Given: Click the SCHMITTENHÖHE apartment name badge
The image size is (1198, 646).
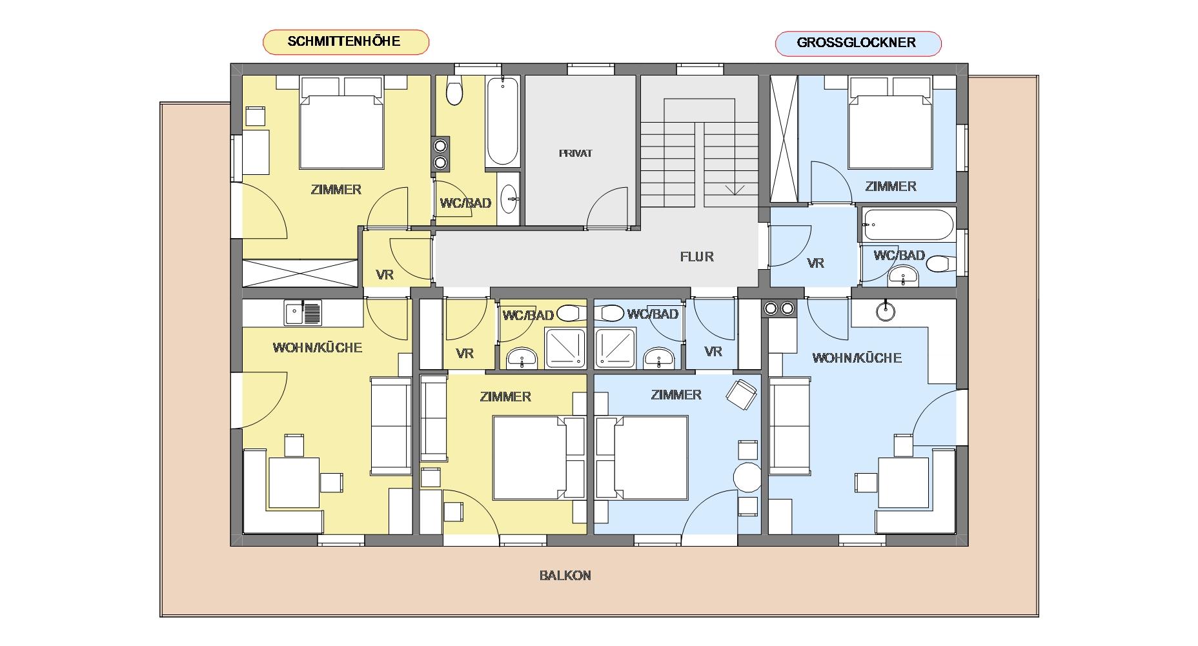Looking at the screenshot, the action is [x=345, y=42].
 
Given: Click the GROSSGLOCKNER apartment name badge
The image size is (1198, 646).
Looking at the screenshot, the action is [x=858, y=43].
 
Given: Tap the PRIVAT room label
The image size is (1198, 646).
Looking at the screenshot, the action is [x=575, y=154].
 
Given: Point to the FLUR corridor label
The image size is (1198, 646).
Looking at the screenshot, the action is [x=697, y=257].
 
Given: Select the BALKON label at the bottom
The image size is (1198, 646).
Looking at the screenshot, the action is [x=565, y=576].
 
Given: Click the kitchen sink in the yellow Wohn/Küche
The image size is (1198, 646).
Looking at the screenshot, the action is [x=303, y=313].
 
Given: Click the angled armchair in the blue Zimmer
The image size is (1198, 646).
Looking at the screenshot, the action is [x=742, y=394].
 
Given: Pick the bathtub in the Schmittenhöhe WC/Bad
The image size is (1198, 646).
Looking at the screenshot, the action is [x=502, y=122].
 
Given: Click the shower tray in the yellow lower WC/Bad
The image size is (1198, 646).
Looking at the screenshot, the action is [x=565, y=348].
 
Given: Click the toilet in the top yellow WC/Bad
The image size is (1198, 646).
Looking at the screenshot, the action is [x=455, y=92].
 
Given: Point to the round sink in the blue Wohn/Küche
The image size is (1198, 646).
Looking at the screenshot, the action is [x=886, y=312].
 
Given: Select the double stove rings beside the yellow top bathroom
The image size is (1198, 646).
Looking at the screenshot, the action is [x=441, y=154].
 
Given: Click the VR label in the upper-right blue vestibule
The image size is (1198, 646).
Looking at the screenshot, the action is [x=816, y=263].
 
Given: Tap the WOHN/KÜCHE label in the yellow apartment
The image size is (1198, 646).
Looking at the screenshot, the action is [x=318, y=348].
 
